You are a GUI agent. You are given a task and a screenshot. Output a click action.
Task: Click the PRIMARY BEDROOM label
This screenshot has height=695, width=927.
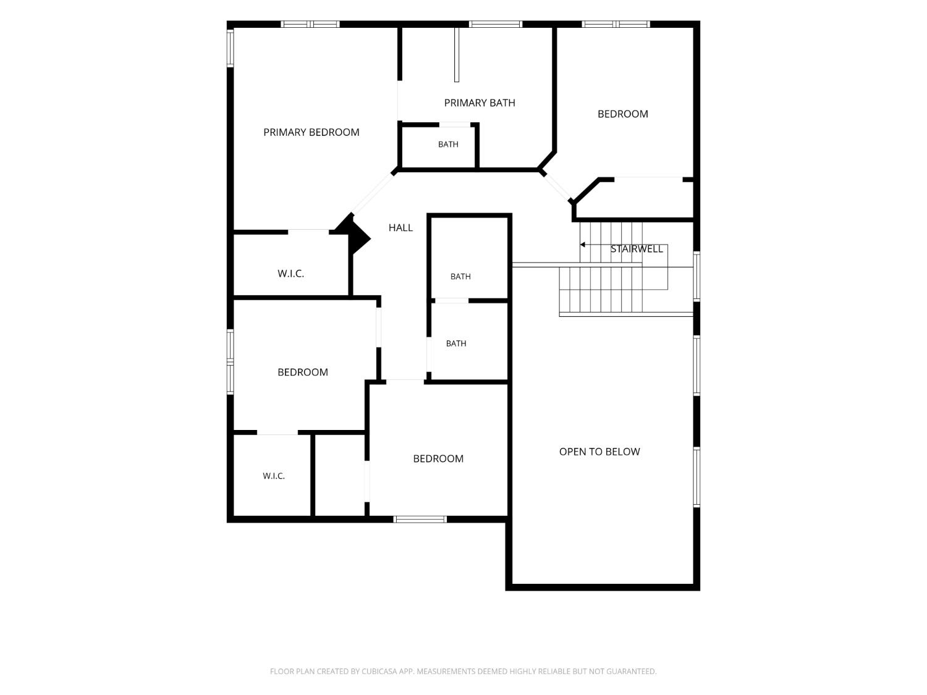311,132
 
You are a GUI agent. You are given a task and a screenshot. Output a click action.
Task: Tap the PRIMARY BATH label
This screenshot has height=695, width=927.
480,103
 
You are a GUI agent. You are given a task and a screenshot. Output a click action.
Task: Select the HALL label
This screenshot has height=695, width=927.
400,228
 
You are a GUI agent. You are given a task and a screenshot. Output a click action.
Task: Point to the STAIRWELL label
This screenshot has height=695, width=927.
637,249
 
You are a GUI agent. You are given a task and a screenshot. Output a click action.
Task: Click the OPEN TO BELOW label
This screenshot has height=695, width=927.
599,452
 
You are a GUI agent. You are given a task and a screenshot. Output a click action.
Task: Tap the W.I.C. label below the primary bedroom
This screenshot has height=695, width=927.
290,274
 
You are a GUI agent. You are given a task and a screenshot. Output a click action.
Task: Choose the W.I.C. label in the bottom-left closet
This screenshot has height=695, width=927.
274,476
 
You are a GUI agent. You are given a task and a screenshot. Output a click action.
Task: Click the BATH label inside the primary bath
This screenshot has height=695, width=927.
448,145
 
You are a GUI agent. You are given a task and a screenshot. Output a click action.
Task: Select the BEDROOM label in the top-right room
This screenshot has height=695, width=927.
622,114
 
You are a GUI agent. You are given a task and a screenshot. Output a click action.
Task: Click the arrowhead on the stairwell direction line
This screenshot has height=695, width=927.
582,245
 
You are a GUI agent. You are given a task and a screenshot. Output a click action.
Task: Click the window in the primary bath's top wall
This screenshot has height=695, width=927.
496,25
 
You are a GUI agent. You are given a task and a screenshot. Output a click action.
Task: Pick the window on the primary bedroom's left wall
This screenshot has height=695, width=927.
231,48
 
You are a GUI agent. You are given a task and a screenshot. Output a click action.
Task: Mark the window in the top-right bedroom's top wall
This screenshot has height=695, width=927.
616,25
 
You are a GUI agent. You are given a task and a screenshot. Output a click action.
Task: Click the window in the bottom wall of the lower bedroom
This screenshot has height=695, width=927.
420,520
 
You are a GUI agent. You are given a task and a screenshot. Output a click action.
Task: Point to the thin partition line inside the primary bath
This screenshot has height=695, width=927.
457,55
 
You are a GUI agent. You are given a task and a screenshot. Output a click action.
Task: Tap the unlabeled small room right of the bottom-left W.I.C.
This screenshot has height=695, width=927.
340,475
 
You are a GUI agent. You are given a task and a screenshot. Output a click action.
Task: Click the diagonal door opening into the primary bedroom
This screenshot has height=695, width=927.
373,193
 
